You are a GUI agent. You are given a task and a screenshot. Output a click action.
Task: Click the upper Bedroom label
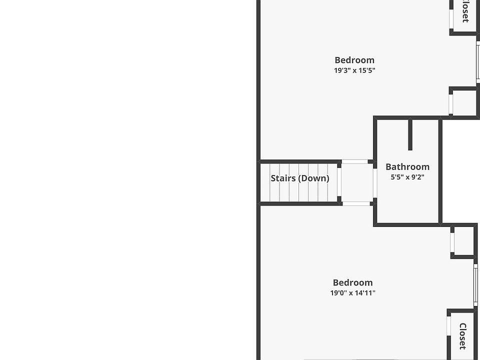click(x=354, y=60)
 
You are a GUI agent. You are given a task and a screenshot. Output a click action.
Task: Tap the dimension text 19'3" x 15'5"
click(x=354, y=70)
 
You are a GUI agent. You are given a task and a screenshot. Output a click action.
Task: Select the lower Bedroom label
click(x=352, y=282)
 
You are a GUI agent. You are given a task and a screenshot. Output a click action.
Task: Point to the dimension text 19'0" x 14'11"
click(x=352, y=293)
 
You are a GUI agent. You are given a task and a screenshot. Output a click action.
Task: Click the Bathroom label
click(x=407, y=166)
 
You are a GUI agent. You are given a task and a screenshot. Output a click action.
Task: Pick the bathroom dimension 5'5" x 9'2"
click(x=407, y=177)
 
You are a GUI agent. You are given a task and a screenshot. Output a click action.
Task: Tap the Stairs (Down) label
click(x=300, y=178)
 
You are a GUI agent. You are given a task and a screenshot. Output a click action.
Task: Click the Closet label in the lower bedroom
click(x=463, y=336)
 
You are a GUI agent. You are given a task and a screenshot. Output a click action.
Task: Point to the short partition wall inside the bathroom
click(x=410, y=134)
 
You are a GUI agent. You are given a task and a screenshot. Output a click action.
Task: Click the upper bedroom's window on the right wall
click(x=478, y=62)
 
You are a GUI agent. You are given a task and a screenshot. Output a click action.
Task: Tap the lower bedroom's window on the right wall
click(x=475, y=284)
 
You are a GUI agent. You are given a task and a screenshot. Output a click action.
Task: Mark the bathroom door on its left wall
click(x=375, y=182)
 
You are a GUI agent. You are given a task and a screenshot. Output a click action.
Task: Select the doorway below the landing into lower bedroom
click(x=356, y=203)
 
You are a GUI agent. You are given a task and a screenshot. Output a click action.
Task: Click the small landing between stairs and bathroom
click(x=356, y=182)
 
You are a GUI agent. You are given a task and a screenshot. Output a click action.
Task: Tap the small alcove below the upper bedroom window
click(x=464, y=102)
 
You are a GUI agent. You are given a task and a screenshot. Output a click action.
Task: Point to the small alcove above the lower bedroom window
click(x=463, y=241)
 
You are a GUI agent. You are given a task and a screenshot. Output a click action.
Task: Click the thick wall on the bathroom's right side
click(x=440, y=170)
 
